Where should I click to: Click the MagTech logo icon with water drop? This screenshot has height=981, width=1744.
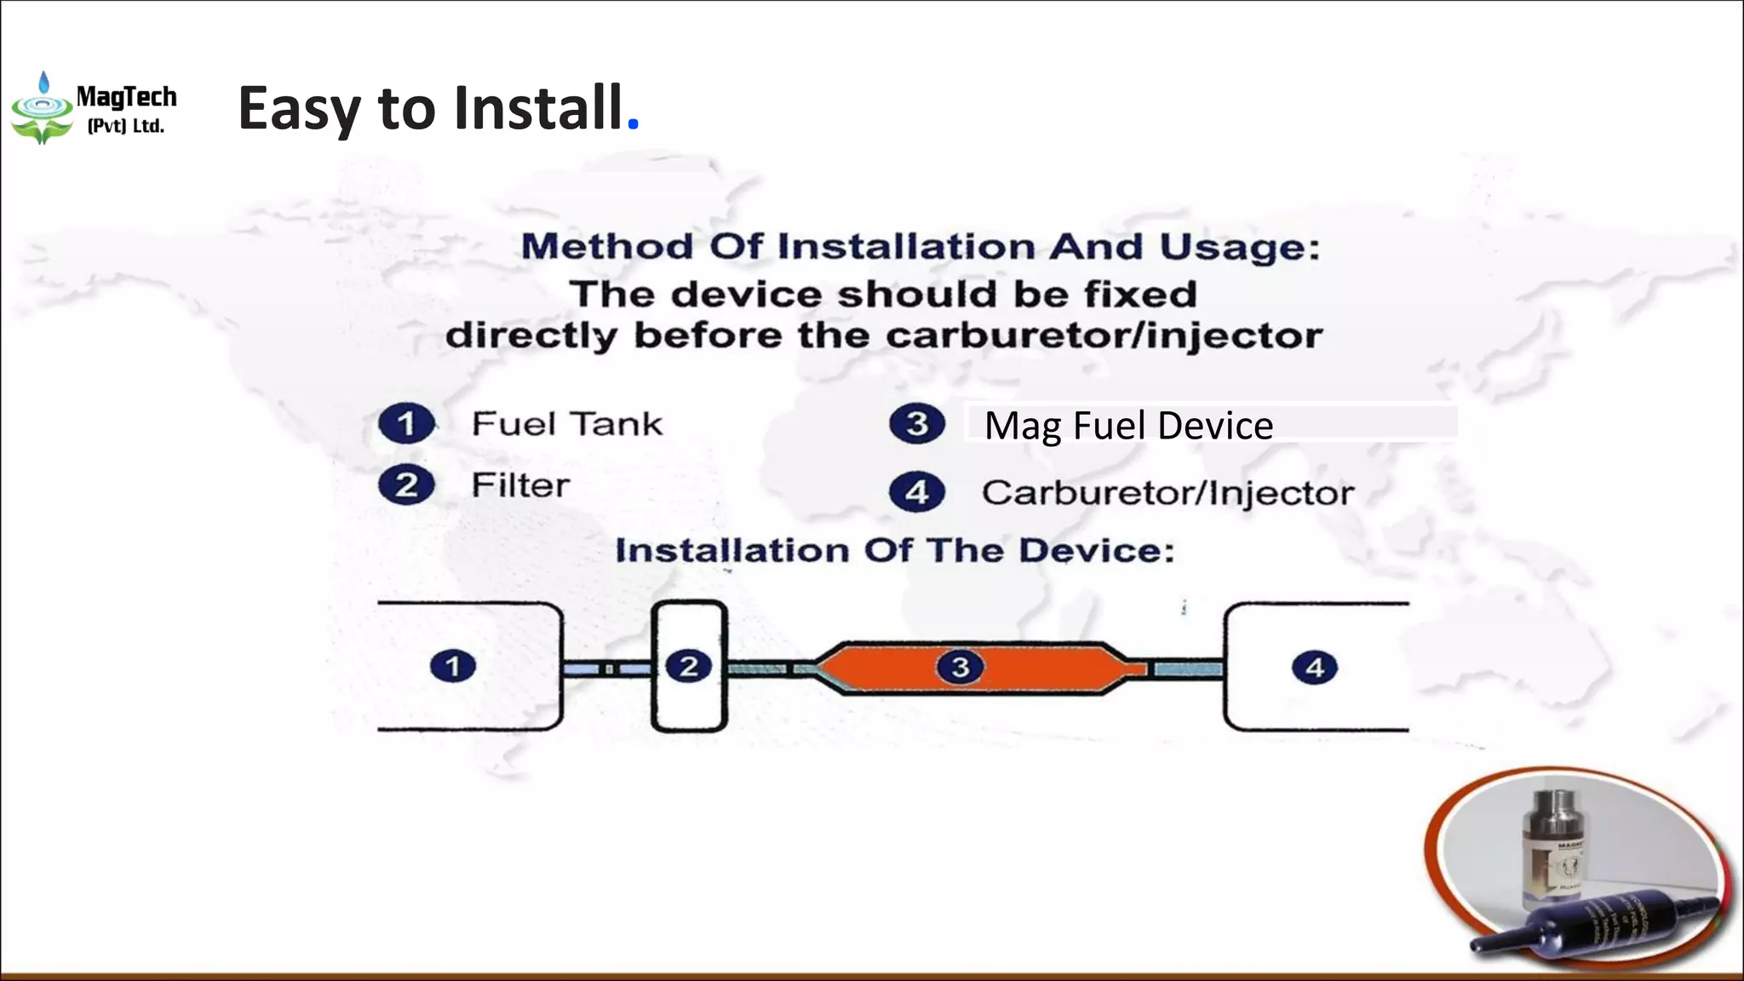42,109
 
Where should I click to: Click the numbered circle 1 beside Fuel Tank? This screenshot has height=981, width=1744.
406,423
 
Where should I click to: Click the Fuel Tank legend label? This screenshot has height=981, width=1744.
566,423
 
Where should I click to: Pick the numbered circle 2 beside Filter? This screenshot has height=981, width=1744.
406,485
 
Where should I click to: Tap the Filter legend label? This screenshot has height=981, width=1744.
520,485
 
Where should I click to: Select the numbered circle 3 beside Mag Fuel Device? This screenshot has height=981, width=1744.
916,423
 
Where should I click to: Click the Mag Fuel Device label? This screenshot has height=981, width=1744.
1128,425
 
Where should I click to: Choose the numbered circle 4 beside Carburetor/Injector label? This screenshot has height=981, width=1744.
916,492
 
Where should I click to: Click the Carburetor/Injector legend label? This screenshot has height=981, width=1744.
1167,493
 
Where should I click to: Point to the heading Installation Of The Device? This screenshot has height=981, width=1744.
895,550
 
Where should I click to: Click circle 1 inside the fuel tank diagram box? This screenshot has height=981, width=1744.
453,666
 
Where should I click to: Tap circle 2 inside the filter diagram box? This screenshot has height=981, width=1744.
689,666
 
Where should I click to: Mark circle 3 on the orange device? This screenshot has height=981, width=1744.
960,667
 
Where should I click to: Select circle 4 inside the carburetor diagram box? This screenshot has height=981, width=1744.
1315,668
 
